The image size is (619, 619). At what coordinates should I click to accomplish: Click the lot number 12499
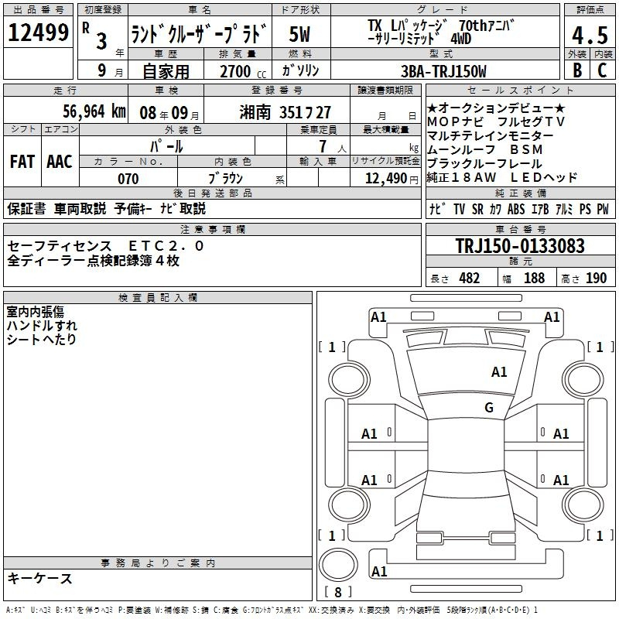38,32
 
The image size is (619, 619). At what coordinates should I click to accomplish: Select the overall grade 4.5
590,35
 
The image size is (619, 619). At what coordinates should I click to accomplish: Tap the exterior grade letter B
577,70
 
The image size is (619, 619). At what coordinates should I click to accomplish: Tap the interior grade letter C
602,70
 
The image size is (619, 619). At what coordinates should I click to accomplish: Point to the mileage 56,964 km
94,111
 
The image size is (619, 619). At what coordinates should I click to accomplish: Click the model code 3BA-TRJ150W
443,71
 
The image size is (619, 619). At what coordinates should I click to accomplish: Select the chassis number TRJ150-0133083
520,245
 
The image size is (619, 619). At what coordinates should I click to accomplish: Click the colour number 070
128,179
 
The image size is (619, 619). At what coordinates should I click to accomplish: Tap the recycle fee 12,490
386,179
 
